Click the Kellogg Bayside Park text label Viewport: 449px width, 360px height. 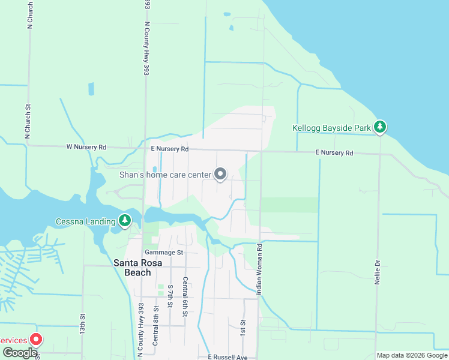[x=331, y=128]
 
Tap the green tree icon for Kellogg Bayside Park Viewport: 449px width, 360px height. [x=379, y=127]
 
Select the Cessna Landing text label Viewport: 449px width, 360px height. [x=85, y=221]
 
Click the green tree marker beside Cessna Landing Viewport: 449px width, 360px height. [x=125, y=220]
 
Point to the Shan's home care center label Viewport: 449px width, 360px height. [x=165, y=175]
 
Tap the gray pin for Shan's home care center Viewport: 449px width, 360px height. [x=220, y=174]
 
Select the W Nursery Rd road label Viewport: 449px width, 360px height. [x=86, y=146]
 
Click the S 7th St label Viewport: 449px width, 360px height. [x=170, y=297]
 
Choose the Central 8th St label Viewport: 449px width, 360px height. [x=155, y=325]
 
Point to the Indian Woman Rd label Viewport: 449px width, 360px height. [x=260, y=269]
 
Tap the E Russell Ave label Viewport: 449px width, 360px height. [x=228, y=357]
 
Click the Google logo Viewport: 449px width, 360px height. [x=19, y=353]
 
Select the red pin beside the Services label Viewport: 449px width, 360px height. [x=35, y=340]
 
